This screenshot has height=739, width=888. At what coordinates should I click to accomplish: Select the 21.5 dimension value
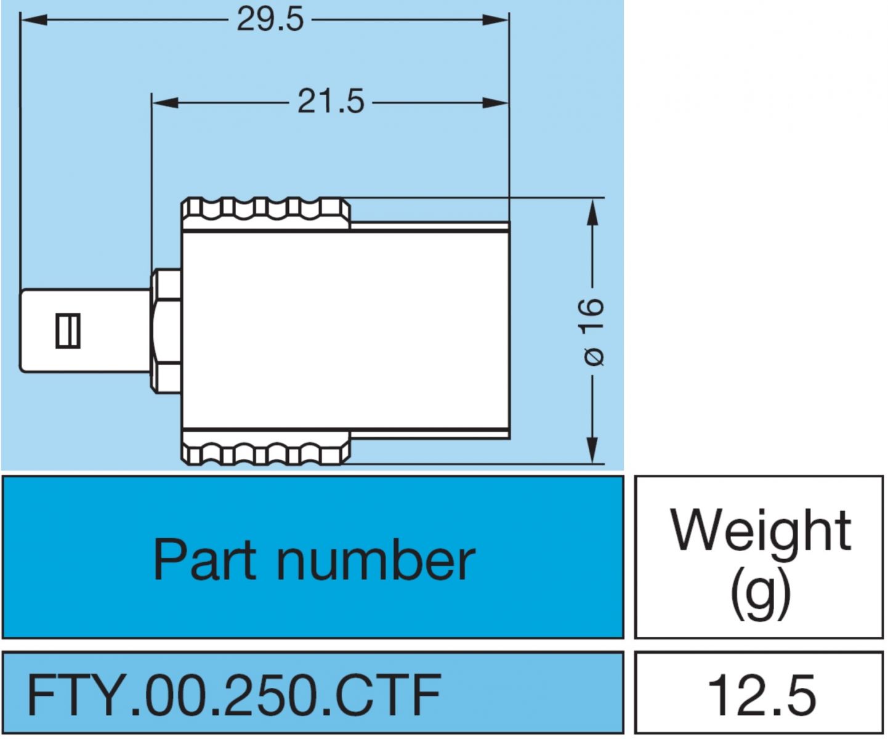pos(331,102)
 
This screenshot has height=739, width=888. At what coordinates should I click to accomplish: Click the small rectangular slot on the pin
pos(68,331)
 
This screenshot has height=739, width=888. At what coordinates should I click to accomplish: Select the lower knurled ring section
pos(265,448)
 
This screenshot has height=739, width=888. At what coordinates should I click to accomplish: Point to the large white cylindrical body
pos(345,331)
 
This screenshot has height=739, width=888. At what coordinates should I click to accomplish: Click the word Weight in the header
pos(761,530)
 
